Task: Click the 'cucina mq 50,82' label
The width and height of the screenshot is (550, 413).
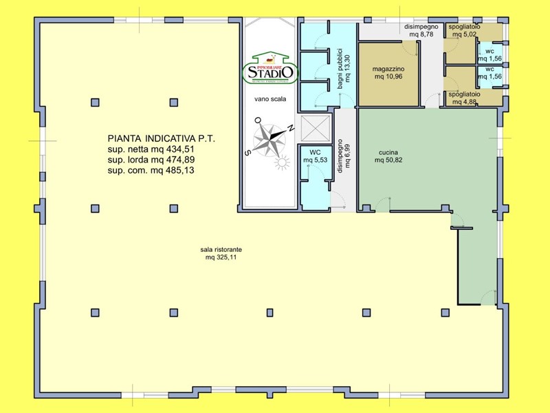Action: [x=388, y=156]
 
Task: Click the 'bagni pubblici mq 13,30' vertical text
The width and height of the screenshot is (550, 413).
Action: [x=343, y=65]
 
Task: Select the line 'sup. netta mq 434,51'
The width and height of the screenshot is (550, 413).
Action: [x=151, y=149]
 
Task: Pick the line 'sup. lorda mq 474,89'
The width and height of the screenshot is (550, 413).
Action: [x=151, y=159]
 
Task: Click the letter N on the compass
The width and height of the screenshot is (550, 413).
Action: [x=290, y=128]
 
